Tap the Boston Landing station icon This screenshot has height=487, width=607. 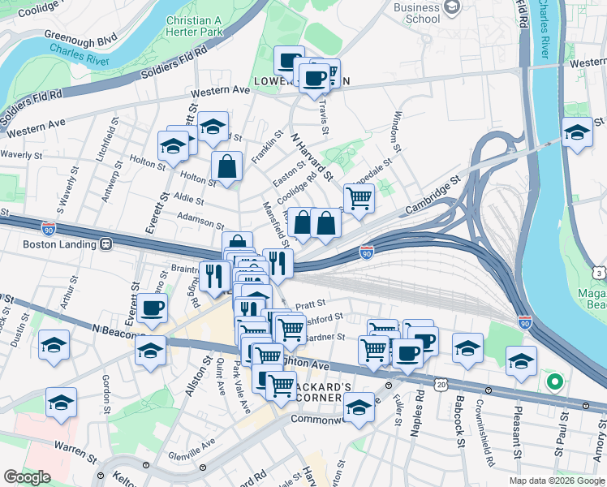(x=105, y=243)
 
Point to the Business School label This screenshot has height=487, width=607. (x=416, y=12)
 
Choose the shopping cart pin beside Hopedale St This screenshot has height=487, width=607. (x=358, y=197)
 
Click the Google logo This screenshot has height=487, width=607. (x=27, y=477)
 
